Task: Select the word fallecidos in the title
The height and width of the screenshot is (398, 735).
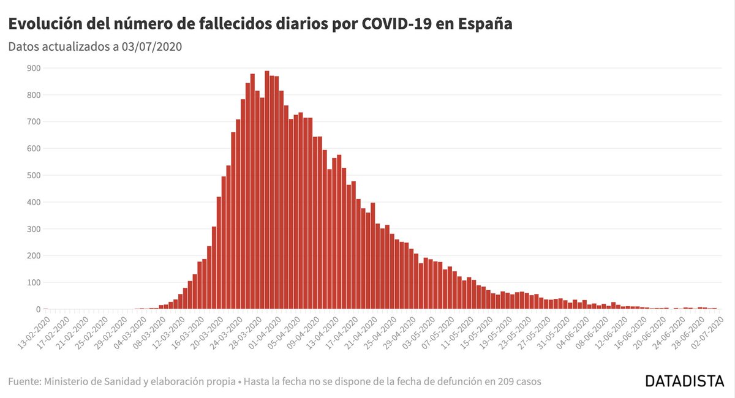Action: (230, 24)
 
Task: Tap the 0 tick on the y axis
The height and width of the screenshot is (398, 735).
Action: (37, 310)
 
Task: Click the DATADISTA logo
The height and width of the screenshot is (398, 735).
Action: (685, 381)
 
